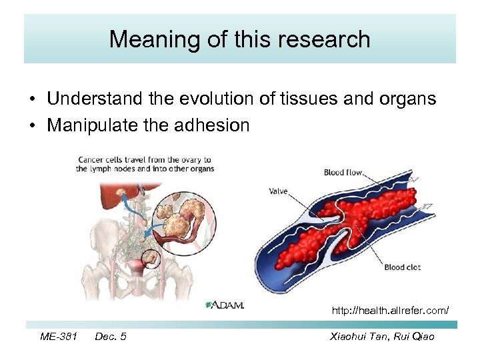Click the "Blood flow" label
click(x=343, y=173)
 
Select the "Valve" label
click(x=278, y=191)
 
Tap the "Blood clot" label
click(x=403, y=267)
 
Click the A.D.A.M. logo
click(x=225, y=305)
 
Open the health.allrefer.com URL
click(x=390, y=311)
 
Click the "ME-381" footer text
click(x=58, y=337)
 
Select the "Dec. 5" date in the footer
click(x=111, y=337)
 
